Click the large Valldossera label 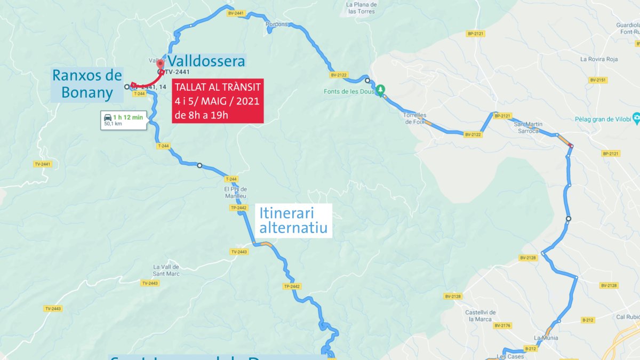[207, 61]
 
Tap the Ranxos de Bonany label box [87, 84]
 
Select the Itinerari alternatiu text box [293, 221]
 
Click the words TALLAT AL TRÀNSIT [218, 87]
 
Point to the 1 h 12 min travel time [128, 117]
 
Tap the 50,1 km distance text [113, 124]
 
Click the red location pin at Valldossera [161, 65]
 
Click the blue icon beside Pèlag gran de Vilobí [635, 118]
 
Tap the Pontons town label [277, 24]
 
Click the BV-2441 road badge [235, 13]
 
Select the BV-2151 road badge [598, 80]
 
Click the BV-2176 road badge [502, 325]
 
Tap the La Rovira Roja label [599, 59]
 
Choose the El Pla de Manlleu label [236, 192]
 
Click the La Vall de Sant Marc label [166, 270]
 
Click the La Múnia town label [546, 338]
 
